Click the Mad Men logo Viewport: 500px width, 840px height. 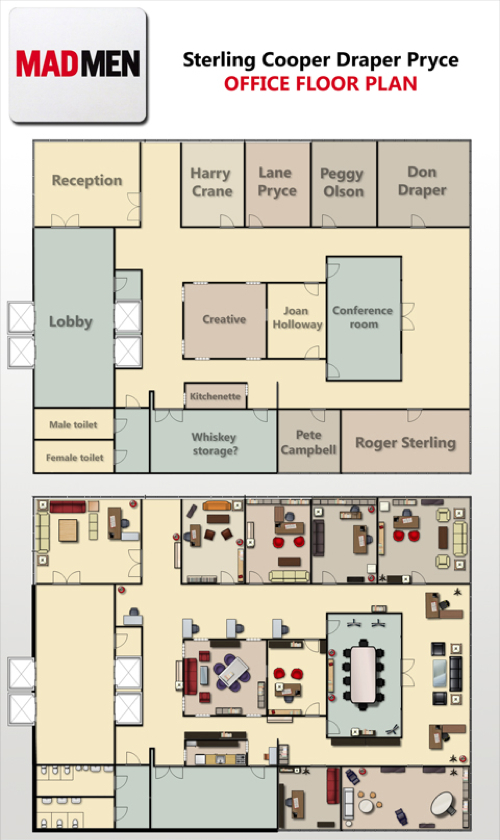[x=78, y=64]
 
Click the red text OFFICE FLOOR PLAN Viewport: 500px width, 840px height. [x=320, y=84]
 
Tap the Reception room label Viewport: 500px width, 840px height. [x=87, y=181]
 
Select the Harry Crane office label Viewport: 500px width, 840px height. [x=212, y=182]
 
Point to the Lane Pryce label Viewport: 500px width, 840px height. [x=277, y=182]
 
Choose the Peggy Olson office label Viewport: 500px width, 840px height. [x=342, y=183]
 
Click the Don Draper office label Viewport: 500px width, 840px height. [x=422, y=181]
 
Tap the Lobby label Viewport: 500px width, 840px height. [x=71, y=321]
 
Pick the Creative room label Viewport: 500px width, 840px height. [x=224, y=319]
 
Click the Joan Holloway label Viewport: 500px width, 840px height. [x=297, y=318]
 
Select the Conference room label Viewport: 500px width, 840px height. [x=363, y=317]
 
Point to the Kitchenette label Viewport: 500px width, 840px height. [x=215, y=396]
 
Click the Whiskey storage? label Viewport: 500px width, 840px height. [x=214, y=444]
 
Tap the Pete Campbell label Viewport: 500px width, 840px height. [x=309, y=442]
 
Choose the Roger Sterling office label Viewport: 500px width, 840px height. [x=406, y=443]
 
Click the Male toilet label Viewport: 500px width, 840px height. [x=73, y=425]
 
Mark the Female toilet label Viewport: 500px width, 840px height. [x=74, y=458]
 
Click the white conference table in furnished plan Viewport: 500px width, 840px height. [x=363, y=674]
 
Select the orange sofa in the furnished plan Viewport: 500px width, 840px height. [x=217, y=506]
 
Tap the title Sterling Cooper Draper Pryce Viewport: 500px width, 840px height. [x=320, y=60]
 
